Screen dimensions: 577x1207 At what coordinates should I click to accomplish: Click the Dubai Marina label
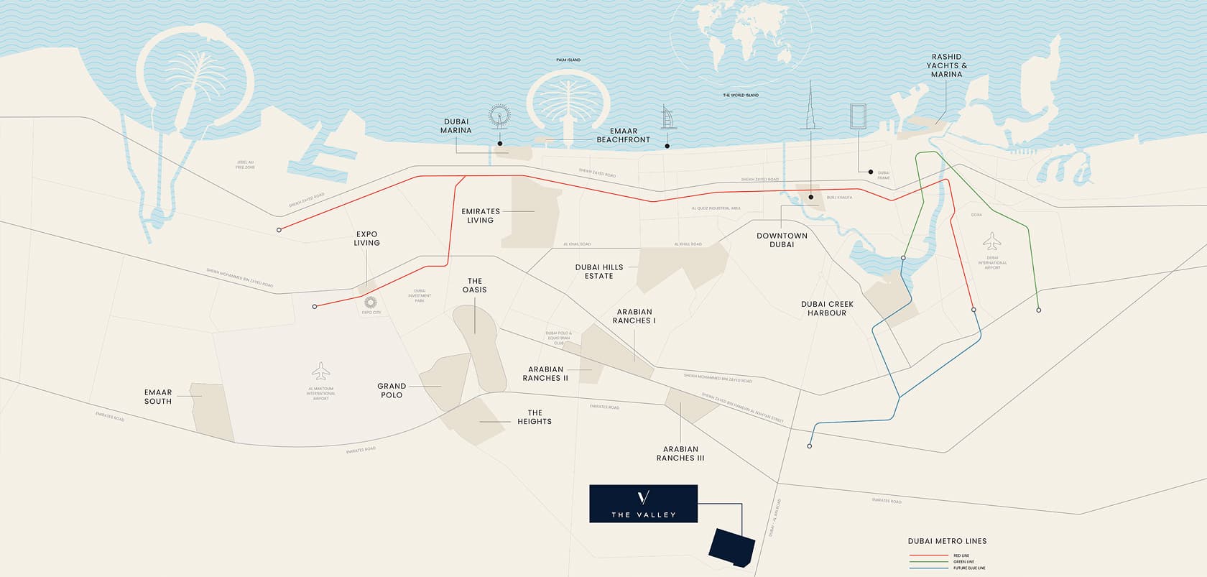pyautogui.click(x=456, y=126)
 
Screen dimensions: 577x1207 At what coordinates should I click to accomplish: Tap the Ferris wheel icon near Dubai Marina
pyautogui.click(x=499, y=118)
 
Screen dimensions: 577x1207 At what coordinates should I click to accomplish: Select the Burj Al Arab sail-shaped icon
pyautogui.click(x=666, y=117)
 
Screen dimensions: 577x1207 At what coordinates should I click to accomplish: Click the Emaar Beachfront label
pyautogui.click(x=623, y=135)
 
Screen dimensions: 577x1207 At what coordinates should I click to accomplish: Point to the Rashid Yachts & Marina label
pyautogui.click(x=946, y=65)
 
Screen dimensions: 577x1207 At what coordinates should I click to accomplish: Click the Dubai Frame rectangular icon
pyautogui.click(x=858, y=116)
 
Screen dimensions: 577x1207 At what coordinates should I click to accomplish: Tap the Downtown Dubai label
pyautogui.click(x=782, y=240)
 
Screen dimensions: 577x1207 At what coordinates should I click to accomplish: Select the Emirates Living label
pyautogui.click(x=481, y=216)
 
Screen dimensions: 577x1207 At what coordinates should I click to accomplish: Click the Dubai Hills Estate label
pyautogui.click(x=598, y=272)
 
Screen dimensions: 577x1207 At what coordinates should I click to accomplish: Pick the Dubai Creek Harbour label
pyautogui.click(x=826, y=308)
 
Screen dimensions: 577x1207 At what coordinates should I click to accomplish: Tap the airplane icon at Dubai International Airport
pyautogui.click(x=991, y=239)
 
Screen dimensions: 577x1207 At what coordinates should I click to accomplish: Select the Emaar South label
pyautogui.click(x=158, y=397)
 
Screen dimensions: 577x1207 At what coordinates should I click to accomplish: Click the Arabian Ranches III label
pyautogui.click(x=680, y=453)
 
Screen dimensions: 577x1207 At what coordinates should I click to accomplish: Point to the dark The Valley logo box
pyautogui.click(x=643, y=503)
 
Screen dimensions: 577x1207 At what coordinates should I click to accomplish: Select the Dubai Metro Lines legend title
pyautogui.click(x=947, y=541)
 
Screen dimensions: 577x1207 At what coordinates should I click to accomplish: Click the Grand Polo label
pyautogui.click(x=392, y=390)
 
